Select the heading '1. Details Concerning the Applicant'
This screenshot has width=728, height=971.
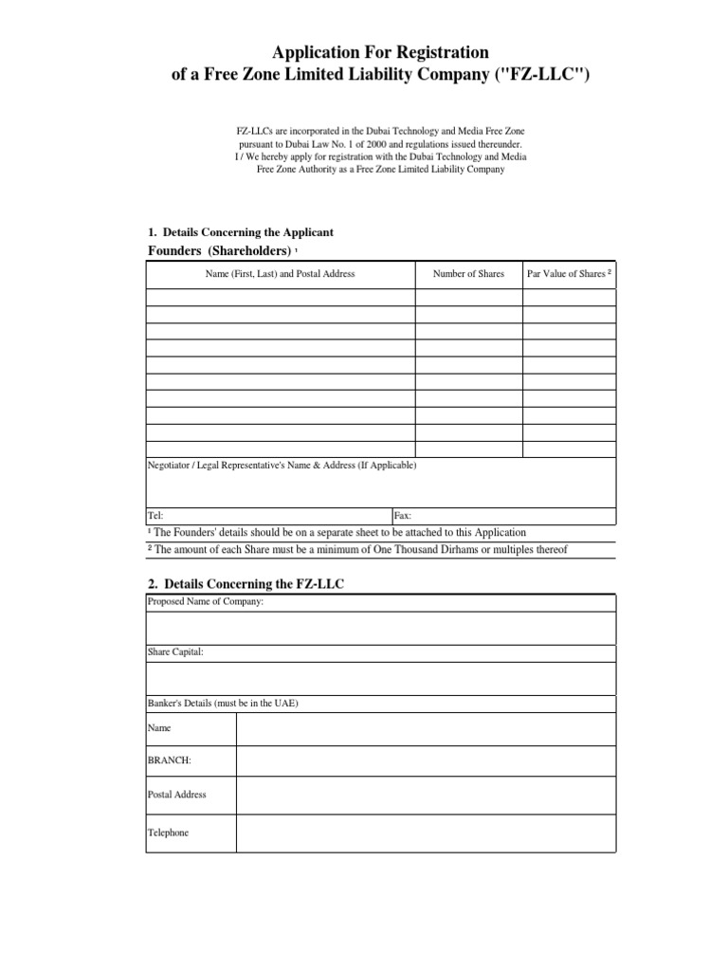(x=241, y=232)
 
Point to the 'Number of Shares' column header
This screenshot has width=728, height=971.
(x=468, y=274)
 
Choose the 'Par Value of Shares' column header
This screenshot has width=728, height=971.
(x=569, y=274)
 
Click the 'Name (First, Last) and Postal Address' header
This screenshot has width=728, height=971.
(x=281, y=274)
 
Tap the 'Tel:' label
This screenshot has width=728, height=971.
(x=156, y=515)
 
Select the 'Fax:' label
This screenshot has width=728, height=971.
(x=403, y=515)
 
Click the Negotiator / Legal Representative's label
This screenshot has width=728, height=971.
(x=282, y=466)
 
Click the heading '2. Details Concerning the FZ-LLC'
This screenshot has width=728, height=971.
(x=246, y=584)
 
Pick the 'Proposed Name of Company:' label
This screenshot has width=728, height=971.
(x=206, y=602)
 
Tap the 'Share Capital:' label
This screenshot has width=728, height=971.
(x=175, y=652)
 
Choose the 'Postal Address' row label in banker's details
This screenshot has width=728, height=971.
(x=177, y=795)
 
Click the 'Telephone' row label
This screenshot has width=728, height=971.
(x=169, y=833)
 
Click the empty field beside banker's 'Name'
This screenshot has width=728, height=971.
(x=426, y=728)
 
